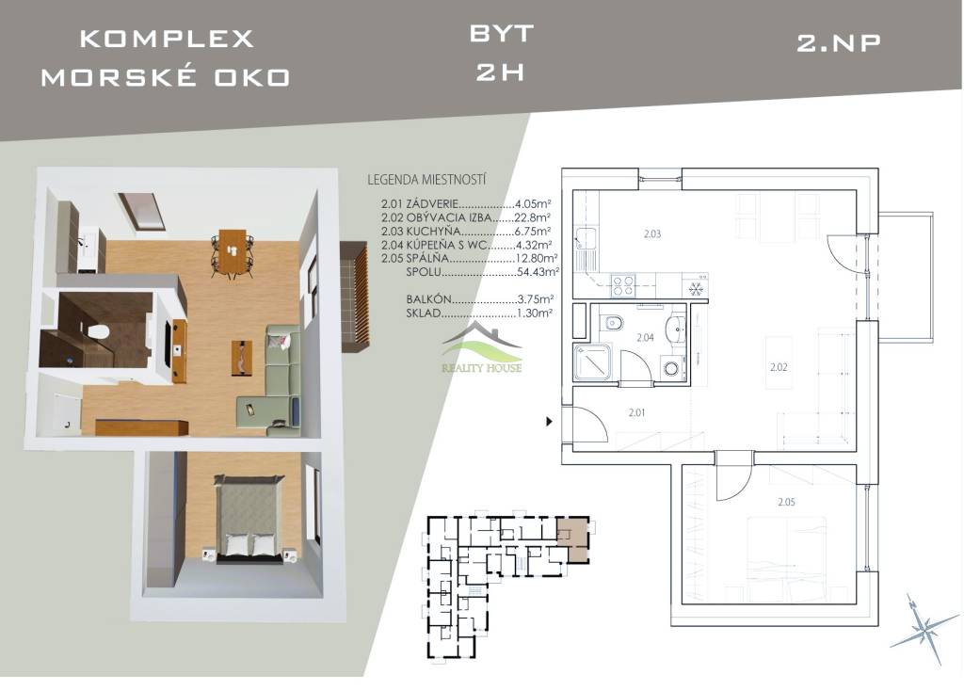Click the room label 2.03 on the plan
pyautogui.click(x=652, y=233)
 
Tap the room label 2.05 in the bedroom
pyautogui.click(x=786, y=502)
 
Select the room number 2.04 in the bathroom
pyautogui.click(x=646, y=338)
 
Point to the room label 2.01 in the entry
pyautogui.click(x=637, y=412)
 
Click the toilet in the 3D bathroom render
pyautogui.click(x=98, y=331)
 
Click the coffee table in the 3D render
pyautogui.click(x=242, y=357)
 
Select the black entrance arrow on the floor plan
pyautogui.click(x=550, y=422)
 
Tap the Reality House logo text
pyautogui.click(x=482, y=368)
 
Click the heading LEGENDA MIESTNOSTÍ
pyautogui.click(x=426, y=180)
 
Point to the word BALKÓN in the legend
pyautogui.click(x=429, y=299)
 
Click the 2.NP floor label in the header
pyautogui.click(x=839, y=43)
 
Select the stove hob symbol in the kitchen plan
pyautogui.click(x=622, y=284)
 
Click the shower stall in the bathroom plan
pyautogui.click(x=592, y=362)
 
